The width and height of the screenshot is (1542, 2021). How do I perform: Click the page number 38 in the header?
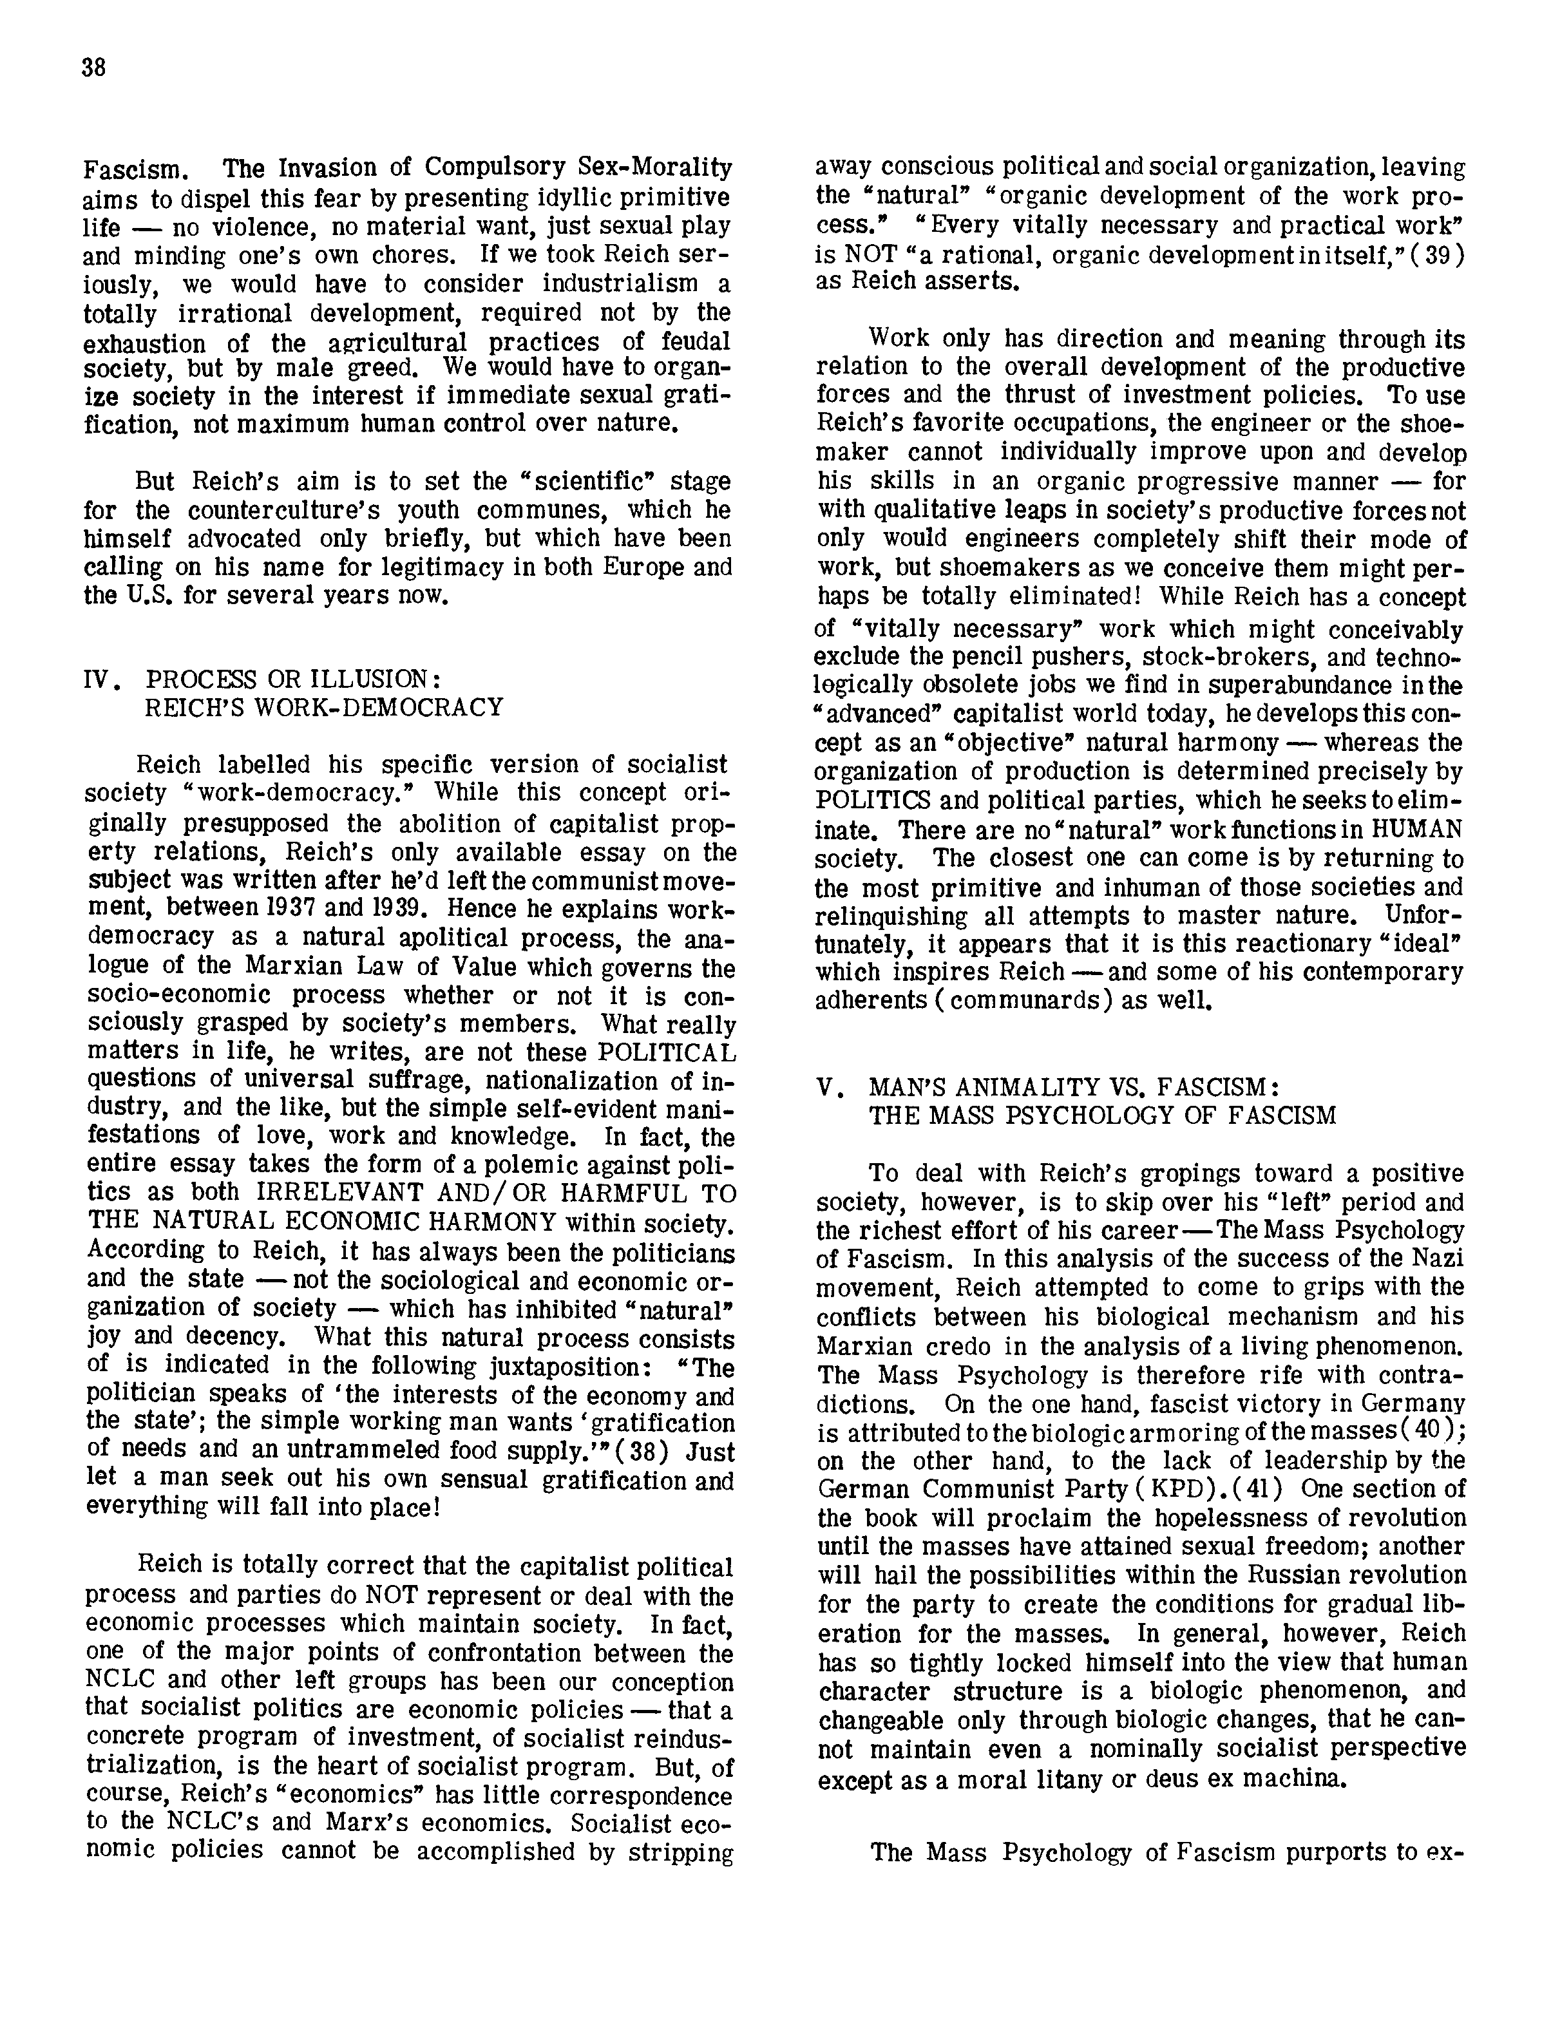point(93,68)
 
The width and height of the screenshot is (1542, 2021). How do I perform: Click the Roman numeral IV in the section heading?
point(98,680)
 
